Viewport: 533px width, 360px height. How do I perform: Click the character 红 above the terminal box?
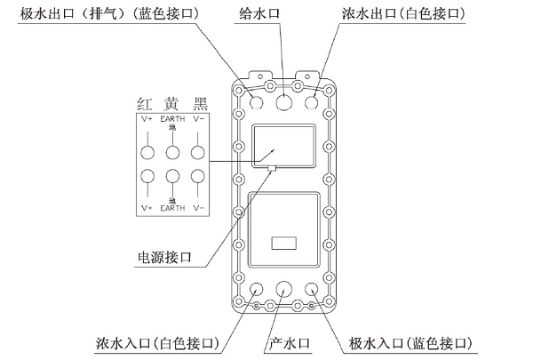[x=147, y=103]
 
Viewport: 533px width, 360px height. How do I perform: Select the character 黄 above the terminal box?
[x=173, y=103]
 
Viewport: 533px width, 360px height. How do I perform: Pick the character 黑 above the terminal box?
[x=201, y=103]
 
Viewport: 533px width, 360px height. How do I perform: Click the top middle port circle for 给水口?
[x=285, y=103]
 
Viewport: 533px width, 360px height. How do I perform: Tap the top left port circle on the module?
[x=258, y=103]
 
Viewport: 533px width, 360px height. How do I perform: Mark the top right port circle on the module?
[x=313, y=103]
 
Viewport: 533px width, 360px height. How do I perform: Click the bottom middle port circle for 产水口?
[x=285, y=290]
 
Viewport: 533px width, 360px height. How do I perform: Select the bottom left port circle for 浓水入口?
[x=258, y=290]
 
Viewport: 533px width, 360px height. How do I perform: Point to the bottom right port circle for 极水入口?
[x=313, y=290]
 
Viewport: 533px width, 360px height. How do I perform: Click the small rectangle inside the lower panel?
[x=284, y=241]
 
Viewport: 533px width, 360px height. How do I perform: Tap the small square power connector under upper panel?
[x=271, y=165]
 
